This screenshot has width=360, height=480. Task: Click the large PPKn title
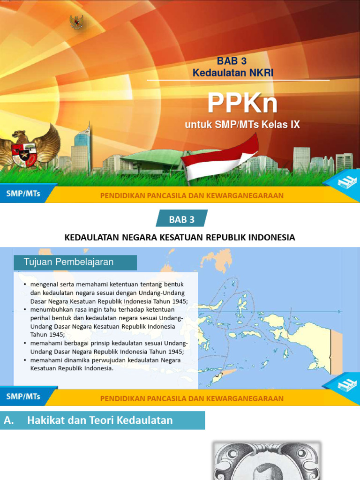pyautogui.click(x=242, y=103)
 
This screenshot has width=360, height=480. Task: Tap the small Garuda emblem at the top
pyautogui.click(x=76, y=22)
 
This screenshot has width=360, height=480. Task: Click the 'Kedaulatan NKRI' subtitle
pyautogui.click(x=232, y=73)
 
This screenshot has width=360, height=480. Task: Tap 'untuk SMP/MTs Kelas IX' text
pyautogui.click(x=242, y=125)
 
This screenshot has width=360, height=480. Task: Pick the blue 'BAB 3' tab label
pyautogui.click(x=181, y=219)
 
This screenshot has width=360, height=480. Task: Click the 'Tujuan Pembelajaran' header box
pyautogui.click(x=75, y=262)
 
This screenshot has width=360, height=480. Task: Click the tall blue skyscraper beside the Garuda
pyautogui.click(x=81, y=148)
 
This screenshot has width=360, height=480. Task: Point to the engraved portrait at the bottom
pyautogui.click(x=266, y=461)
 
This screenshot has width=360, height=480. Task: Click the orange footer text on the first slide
pyautogui.click(x=192, y=195)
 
